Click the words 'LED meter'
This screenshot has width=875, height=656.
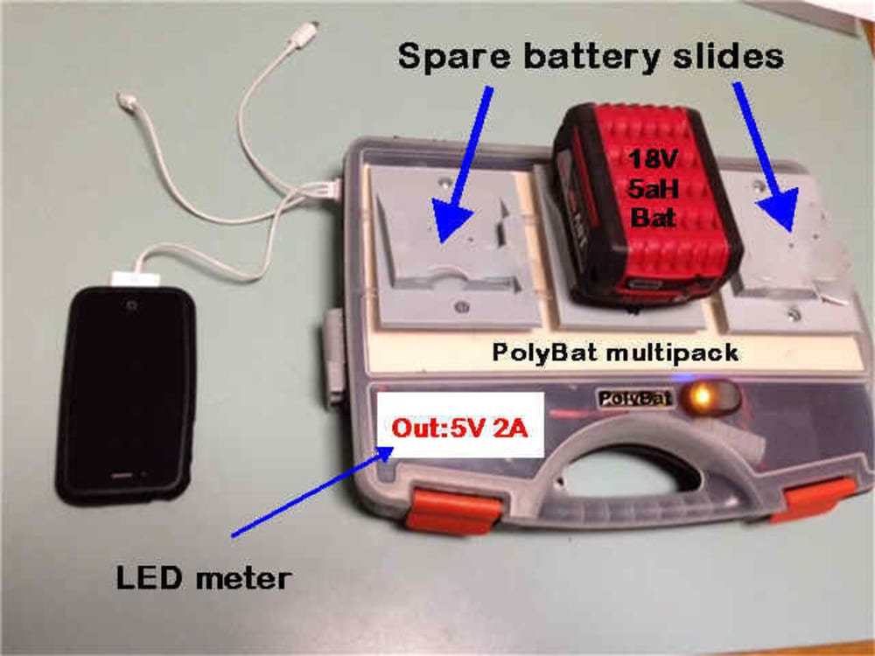(202, 578)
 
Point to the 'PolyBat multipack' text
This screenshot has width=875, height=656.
(615, 353)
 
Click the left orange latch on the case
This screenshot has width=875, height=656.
(453, 510)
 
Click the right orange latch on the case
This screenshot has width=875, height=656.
(817, 499)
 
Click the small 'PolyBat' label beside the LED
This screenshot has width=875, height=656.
(634, 399)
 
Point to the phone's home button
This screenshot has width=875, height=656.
(122, 478)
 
